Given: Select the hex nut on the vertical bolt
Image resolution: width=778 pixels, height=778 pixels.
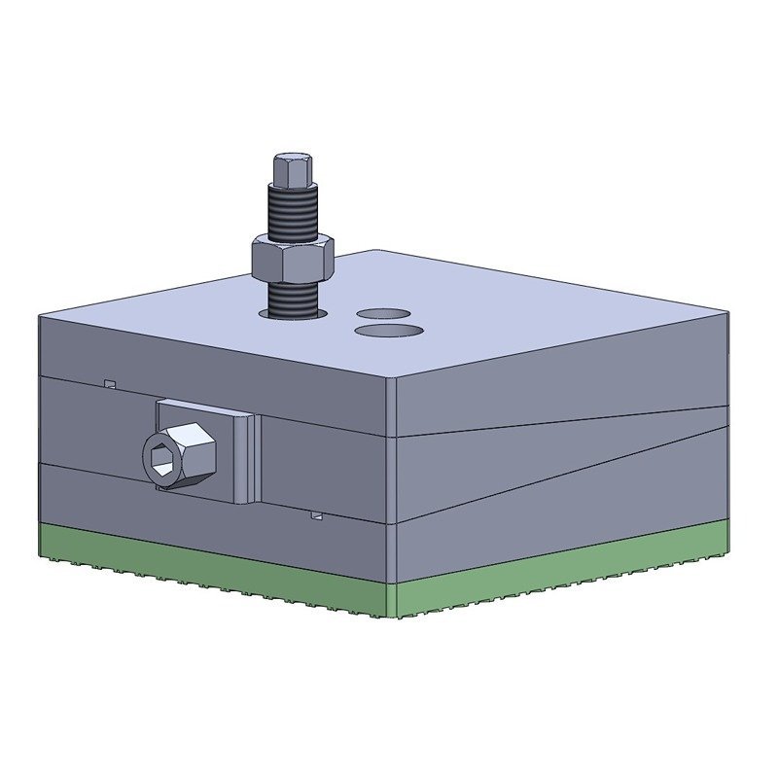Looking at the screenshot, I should [293, 259].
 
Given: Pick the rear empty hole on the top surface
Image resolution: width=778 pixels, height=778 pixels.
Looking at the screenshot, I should [383, 313].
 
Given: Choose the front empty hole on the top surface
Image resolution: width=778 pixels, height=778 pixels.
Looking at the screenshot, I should [389, 332].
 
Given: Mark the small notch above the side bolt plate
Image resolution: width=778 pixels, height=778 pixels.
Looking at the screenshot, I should [110, 384].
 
